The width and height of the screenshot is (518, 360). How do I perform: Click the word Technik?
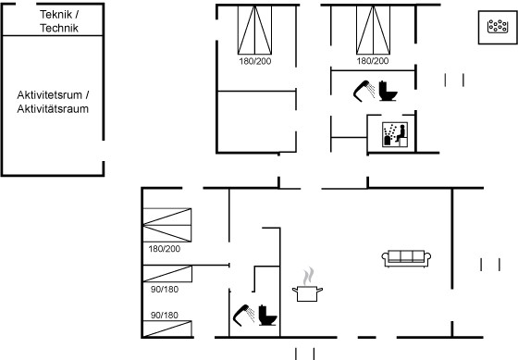(x=59, y=28)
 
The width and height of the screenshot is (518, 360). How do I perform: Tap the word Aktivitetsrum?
(x=50, y=95)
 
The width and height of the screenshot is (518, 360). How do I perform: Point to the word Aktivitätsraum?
(x=53, y=109)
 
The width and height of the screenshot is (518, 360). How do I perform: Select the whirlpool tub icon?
(x=498, y=26)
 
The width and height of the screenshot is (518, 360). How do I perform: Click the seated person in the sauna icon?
(x=401, y=132)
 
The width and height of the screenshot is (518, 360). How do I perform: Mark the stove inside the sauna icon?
(x=388, y=140)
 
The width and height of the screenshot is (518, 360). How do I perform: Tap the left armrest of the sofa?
(x=385, y=258)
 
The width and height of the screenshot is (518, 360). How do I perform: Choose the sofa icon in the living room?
(x=406, y=258)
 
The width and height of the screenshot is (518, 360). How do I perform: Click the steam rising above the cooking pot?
(x=308, y=276)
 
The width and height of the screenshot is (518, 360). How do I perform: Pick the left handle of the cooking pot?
(x=295, y=291)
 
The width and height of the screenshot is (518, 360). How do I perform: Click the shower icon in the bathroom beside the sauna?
(x=364, y=91)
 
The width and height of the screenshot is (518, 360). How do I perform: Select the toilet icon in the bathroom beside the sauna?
(x=388, y=91)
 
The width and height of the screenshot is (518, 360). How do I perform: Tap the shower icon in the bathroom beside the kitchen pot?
(x=243, y=315)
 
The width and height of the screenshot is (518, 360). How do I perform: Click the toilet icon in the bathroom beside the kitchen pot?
(x=267, y=315)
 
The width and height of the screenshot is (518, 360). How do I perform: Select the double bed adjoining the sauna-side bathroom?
(x=373, y=30)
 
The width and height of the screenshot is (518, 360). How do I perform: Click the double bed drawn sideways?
(x=167, y=225)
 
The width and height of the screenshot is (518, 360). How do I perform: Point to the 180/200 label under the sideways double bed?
(x=165, y=249)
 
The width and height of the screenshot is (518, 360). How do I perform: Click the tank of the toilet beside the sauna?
(x=383, y=87)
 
